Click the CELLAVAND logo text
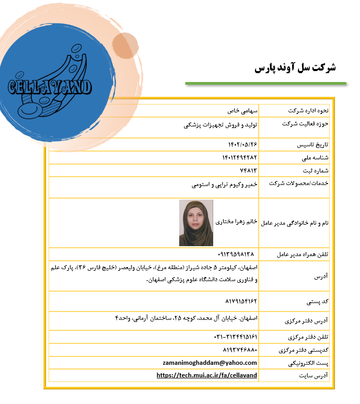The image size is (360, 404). click(x=50, y=87)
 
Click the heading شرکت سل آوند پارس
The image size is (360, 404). click(x=295, y=68)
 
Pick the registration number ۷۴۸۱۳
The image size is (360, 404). click(x=248, y=170)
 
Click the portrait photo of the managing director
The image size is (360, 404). click(x=196, y=223)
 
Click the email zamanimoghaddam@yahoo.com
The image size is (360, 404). click(x=210, y=363)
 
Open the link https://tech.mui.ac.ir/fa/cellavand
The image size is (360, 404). click(x=207, y=375)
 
